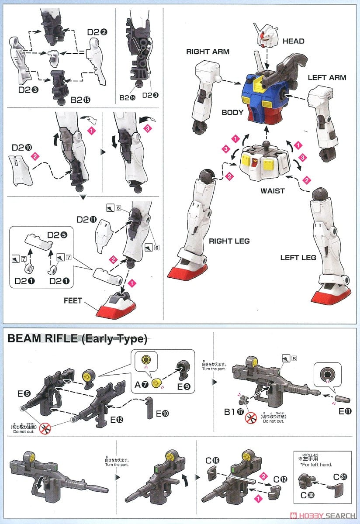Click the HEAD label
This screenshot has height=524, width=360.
tap(294, 41)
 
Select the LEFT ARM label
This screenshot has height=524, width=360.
tap(327, 78)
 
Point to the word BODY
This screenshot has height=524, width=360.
tap(232, 112)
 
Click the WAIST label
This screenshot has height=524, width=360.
tap(273, 191)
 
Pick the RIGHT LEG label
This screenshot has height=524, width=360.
tap(229, 241)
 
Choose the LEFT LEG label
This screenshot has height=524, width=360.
tap(298, 258)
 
